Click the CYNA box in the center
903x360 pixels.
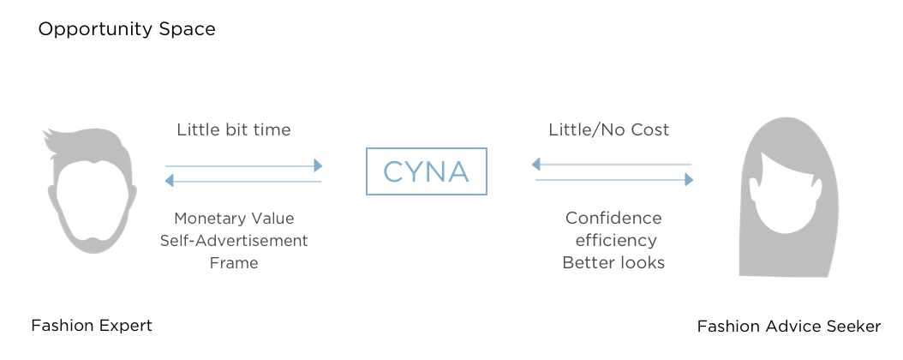(426, 171)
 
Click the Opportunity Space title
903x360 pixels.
(127, 29)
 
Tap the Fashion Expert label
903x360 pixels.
(92, 326)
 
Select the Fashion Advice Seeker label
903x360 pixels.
(788, 327)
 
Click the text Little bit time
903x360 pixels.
(234, 130)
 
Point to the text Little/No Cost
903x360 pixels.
(608, 130)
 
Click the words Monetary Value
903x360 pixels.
(234, 219)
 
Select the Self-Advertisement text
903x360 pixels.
(234, 241)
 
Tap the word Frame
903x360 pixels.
(234, 263)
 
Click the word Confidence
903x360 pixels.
(613, 219)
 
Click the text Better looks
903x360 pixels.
(613, 263)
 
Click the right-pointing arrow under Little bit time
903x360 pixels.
(244, 165)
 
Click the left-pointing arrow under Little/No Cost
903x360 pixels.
(611, 164)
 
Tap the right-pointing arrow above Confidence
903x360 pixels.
(614, 179)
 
